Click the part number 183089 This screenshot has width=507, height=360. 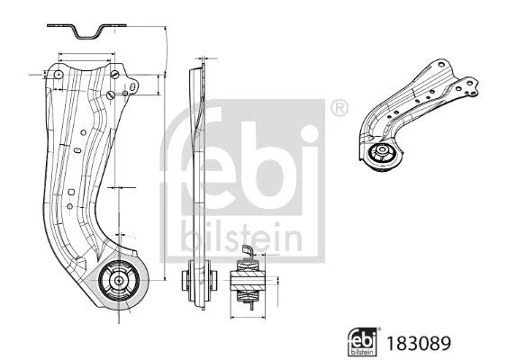419,343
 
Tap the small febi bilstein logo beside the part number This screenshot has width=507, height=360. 362,342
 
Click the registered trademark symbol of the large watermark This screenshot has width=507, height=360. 340,108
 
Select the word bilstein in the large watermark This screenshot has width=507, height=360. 241,236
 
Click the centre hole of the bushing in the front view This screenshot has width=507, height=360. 119,281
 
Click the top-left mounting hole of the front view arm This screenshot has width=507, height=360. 59,75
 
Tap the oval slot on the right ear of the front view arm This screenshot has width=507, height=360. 132,87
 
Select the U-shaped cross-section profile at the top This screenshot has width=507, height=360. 86,31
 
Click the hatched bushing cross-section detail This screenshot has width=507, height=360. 248,280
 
